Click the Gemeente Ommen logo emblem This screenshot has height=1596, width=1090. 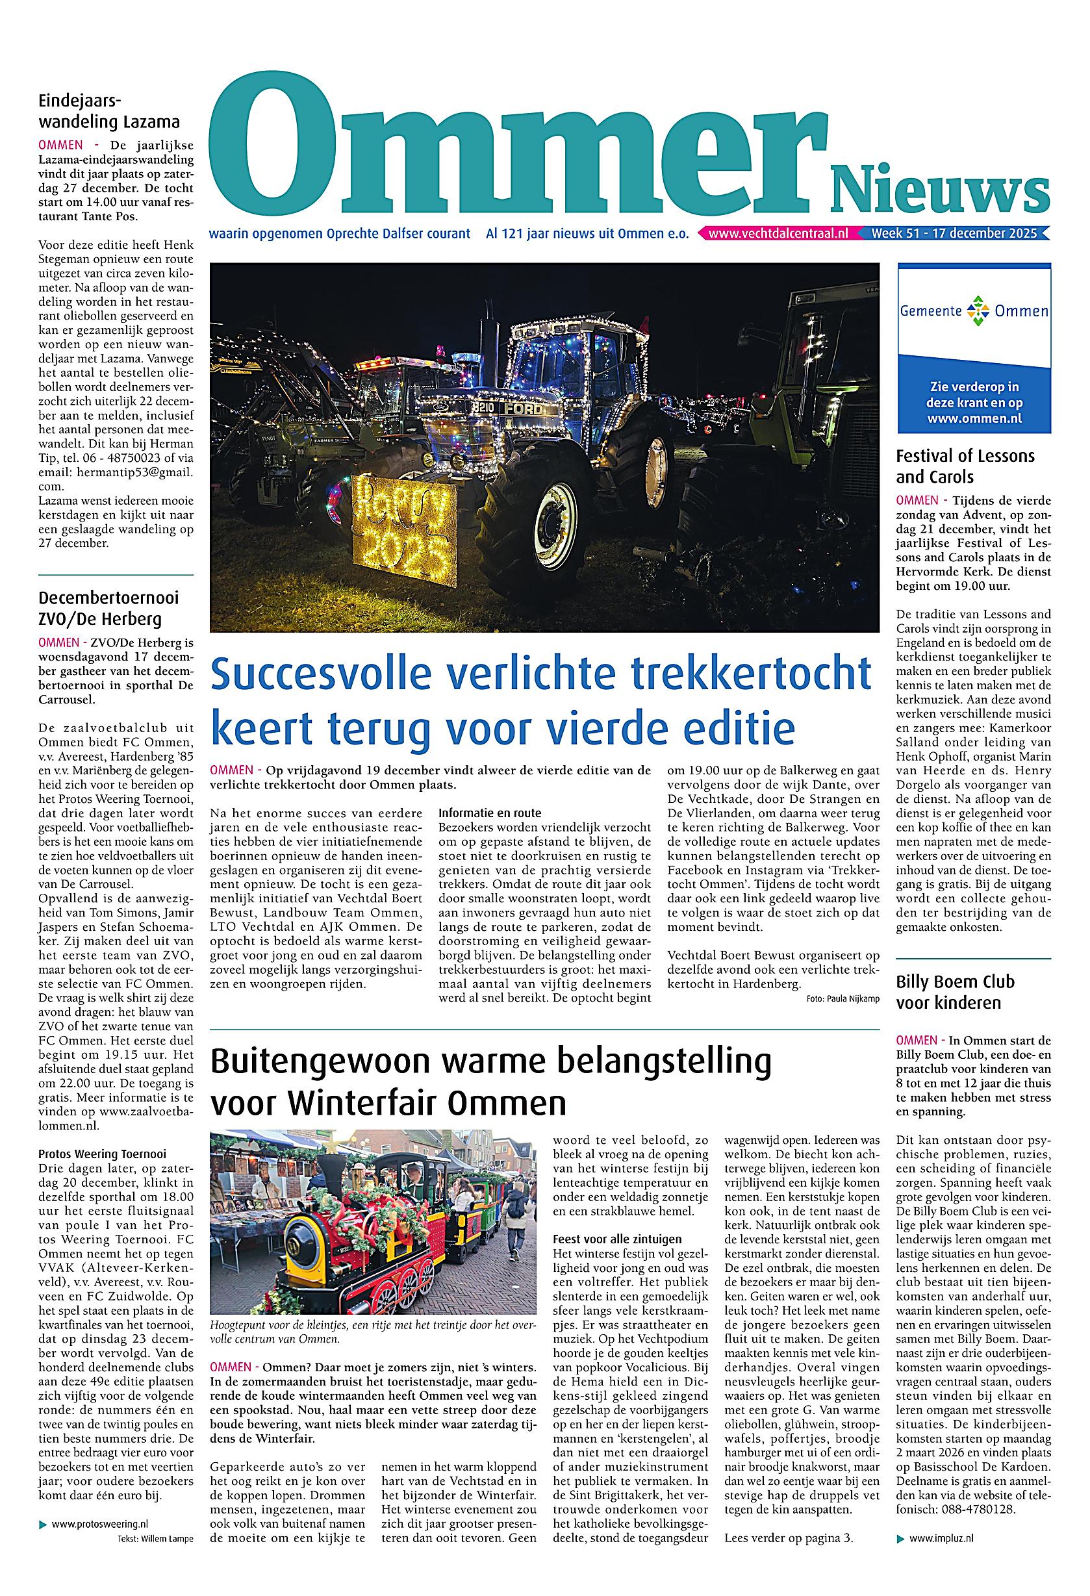pyautogui.click(x=975, y=311)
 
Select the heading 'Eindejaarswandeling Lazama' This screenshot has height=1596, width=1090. pyautogui.click(x=109, y=112)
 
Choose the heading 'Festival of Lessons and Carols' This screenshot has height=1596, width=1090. pyautogui.click(x=965, y=466)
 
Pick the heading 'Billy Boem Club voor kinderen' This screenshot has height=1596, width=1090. pyautogui.click(x=955, y=993)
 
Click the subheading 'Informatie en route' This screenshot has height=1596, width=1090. pyautogui.click(x=490, y=813)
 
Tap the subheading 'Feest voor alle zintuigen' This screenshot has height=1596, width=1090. pyautogui.click(x=616, y=1239)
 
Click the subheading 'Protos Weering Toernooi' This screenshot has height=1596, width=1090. pyautogui.click(x=103, y=1154)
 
